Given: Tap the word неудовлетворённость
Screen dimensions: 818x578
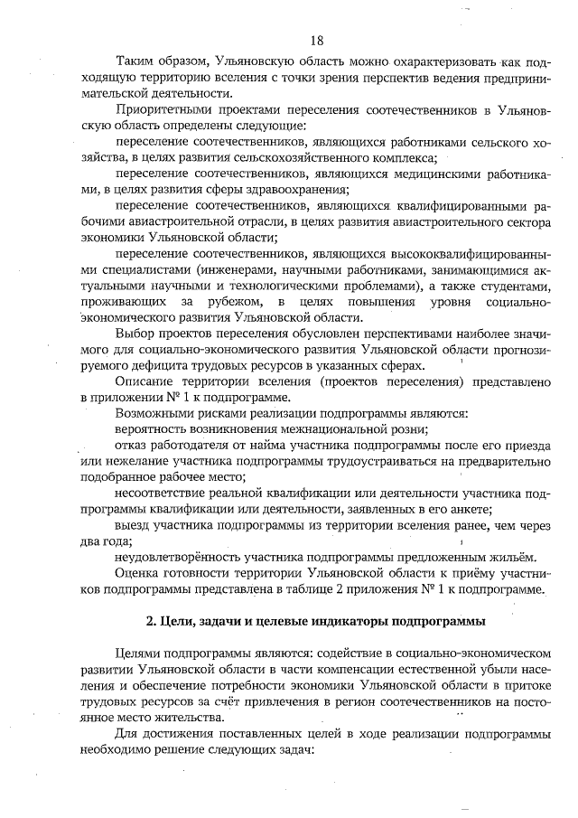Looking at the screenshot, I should [x=180, y=558].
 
